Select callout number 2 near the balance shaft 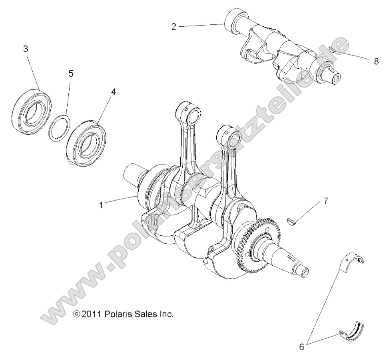(174, 27)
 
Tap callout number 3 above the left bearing (25, 49)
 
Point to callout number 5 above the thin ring (71, 74)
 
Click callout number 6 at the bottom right (302, 346)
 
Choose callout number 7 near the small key (325, 201)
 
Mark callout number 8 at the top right (376, 62)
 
